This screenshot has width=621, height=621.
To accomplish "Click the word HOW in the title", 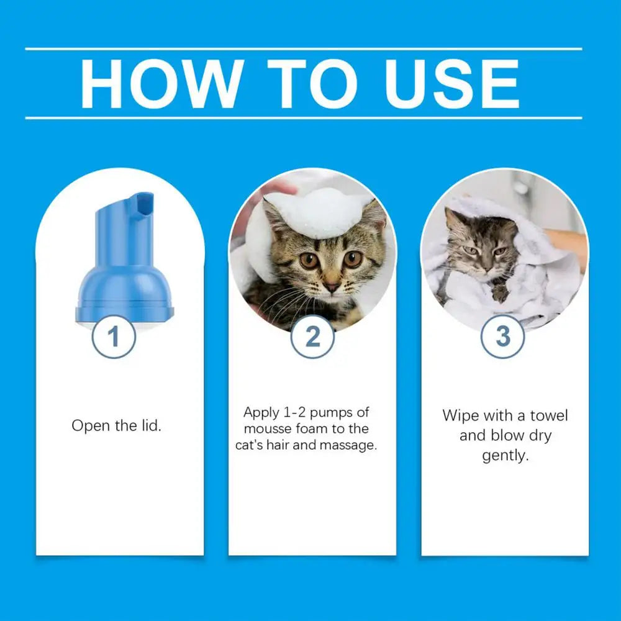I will click(x=161, y=84).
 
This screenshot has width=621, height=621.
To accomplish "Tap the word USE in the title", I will click(x=451, y=84).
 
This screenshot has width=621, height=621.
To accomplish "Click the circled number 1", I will click(x=113, y=337).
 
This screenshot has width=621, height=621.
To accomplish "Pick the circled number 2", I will click(x=312, y=337).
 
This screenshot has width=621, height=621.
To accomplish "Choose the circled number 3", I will click(x=503, y=337).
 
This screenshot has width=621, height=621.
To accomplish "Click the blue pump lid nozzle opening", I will click(x=144, y=204).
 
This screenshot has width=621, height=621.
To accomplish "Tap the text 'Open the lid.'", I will click(x=116, y=426).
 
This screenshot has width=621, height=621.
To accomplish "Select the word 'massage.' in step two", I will click(x=349, y=445).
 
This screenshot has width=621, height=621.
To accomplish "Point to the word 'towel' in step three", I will click(x=549, y=415).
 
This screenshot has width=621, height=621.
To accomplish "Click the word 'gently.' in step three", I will click(x=505, y=455).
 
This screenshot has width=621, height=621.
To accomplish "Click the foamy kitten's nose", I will click(x=330, y=287).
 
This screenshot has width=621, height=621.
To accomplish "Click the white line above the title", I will click(x=304, y=48).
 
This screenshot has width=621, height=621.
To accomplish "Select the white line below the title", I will click(x=304, y=117).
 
